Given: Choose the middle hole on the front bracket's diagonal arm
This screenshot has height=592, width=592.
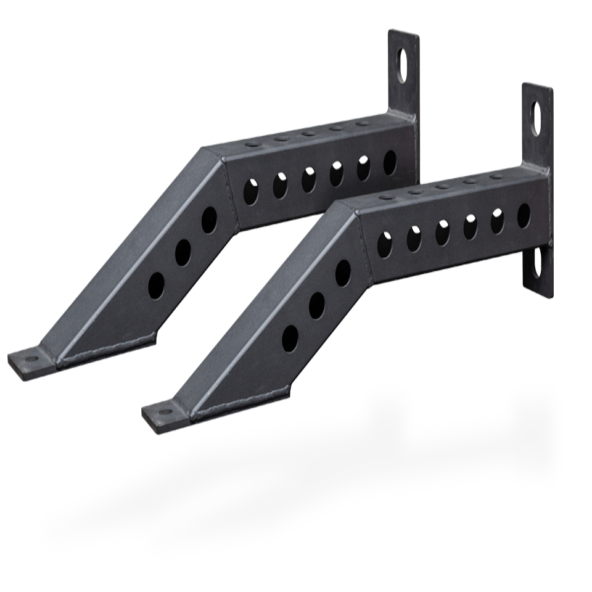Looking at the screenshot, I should [317, 304].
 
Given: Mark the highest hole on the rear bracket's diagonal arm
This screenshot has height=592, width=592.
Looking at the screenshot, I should [209, 219].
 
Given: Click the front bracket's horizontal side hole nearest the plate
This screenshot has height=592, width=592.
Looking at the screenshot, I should [524, 215].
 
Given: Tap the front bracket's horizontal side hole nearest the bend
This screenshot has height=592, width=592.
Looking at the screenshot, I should [385, 244].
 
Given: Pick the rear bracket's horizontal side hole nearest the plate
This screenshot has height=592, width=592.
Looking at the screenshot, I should [390, 162].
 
